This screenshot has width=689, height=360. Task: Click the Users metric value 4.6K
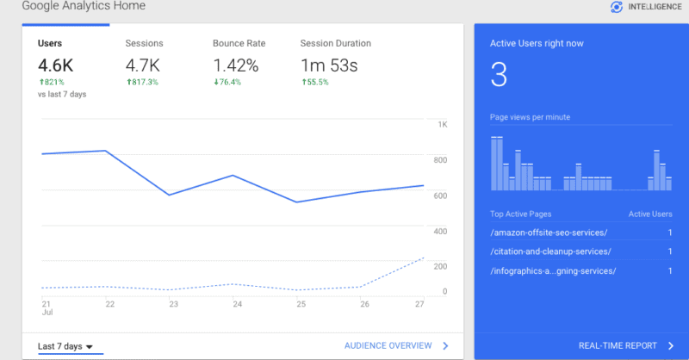click(x=56, y=65)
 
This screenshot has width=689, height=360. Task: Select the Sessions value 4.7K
click(x=144, y=65)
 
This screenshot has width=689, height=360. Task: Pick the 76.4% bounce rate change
click(x=228, y=81)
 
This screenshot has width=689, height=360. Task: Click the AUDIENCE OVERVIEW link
click(x=388, y=345)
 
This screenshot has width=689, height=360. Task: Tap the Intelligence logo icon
click(x=616, y=7)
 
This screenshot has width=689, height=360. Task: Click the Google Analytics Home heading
click(x=84, y=6)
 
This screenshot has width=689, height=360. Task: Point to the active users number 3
click(x=498, y=75)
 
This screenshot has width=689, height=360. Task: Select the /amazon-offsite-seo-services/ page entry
click(x=549, y=233)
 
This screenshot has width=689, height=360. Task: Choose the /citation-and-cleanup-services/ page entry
click(x=550, y=251)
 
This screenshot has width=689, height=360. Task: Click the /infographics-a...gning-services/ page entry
click(x=553, y=271)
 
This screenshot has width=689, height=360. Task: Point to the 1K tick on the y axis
click(x=442, y=125)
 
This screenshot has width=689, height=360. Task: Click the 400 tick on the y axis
click(x=441, y=232)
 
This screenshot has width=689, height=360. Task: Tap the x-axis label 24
click(x=237, y=303)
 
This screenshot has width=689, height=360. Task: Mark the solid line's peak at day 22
click(x=105, y=151)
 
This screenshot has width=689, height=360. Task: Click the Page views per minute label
click(x=530, y=117)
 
